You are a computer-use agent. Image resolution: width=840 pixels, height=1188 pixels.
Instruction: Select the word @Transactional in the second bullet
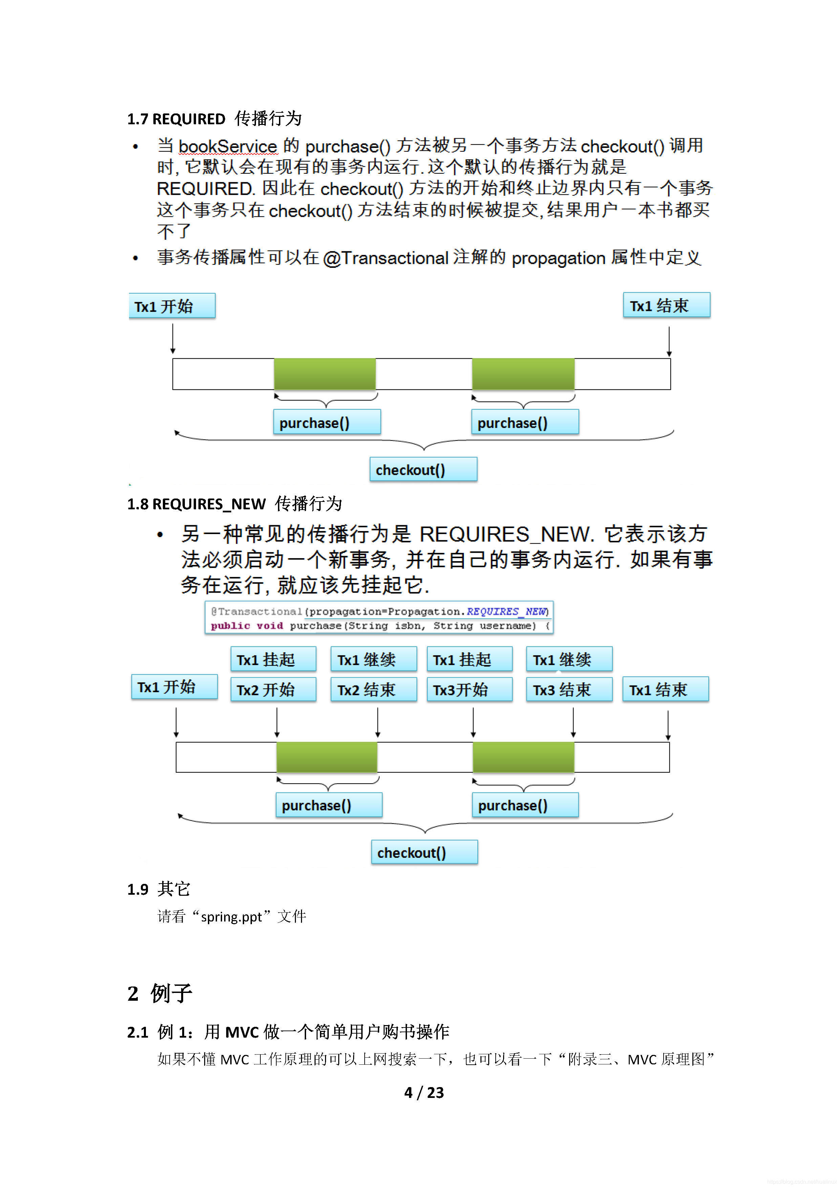tap(385, 258)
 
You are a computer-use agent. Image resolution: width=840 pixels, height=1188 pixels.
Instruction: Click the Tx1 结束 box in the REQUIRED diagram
tap(666, 305)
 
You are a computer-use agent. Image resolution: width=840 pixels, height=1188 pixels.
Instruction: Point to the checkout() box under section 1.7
tap(423, 469)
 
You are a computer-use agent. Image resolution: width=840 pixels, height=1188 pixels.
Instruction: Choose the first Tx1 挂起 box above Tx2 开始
tap(273, 659)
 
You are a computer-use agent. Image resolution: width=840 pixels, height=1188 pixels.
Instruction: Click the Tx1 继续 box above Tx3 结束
tap(569, 659)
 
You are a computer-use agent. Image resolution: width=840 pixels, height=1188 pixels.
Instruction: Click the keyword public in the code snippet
tap(230, 625)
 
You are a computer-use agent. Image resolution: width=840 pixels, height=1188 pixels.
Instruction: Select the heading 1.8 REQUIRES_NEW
tap(197, 504)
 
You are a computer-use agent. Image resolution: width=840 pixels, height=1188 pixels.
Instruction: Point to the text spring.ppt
tap(231, 917)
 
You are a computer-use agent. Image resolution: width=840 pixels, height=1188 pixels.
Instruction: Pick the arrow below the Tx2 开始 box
tap(277, 722)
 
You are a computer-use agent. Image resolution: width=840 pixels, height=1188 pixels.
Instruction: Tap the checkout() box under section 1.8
tap(424, 852)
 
